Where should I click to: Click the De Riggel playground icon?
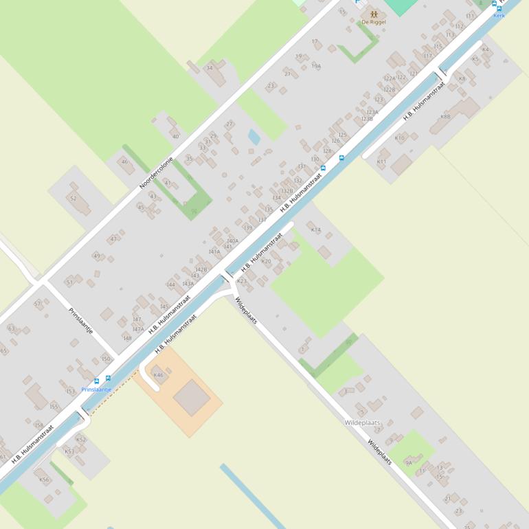click(374, 13)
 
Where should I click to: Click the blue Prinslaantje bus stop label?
click(96, 390)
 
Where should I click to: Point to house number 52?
click(74, 198)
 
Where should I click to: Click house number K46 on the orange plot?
click(159, 374)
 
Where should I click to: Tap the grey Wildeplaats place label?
click(362, 423)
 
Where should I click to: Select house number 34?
click(210, 68)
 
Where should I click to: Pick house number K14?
click(316, 229)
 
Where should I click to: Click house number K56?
click(44, 480)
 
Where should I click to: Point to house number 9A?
click(409, 463)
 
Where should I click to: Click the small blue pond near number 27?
click(254, 137)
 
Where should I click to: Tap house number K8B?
click(445, 117)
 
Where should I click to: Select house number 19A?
click(316, 66)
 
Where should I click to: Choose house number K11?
click(382, 161)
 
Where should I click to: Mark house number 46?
click(124, 162)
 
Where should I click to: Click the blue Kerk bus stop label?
click(499, 15)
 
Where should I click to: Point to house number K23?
click(242, 281)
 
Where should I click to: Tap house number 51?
click(69, 282)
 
